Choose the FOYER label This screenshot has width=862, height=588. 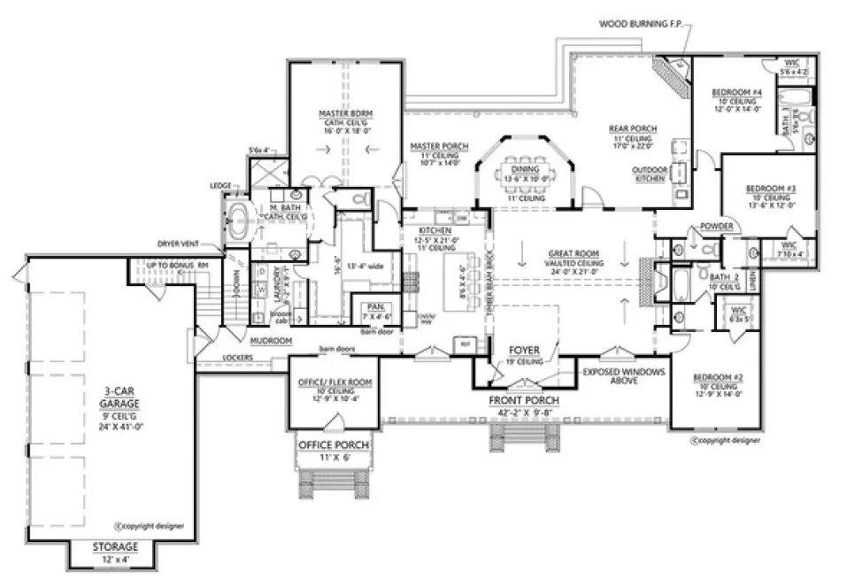525,350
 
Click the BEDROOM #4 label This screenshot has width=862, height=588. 737,92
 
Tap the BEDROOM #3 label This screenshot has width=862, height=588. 766,190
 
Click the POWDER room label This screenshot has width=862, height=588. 717,228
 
